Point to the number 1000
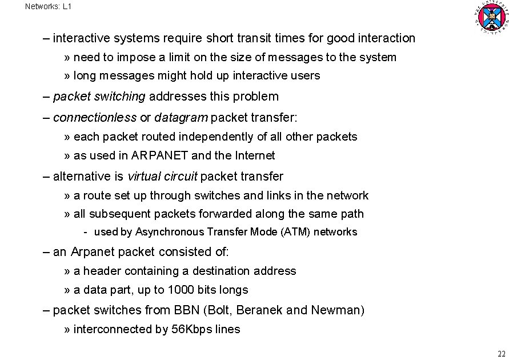(x=181, y=290)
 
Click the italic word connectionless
(x=95, y=118)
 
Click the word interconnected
(x=109, y=329)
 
